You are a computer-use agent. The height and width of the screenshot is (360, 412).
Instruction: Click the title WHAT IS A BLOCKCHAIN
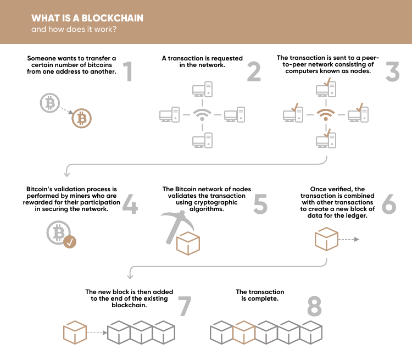click(x=87, y=18)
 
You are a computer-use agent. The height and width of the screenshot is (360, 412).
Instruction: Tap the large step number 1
click(x=128, y=71)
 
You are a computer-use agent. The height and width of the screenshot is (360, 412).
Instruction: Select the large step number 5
click(x=260, y=204)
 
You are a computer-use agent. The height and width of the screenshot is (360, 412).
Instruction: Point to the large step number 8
click(x=314, y=306)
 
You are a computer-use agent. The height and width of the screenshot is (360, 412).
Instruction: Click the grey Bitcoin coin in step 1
click(x=50, y=103)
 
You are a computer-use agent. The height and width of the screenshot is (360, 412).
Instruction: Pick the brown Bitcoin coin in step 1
click(x=82, y=118)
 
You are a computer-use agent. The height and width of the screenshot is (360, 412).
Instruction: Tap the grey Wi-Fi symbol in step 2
click(x=202, y=115)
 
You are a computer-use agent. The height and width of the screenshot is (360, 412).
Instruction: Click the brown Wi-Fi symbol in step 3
click(x=326, y=115)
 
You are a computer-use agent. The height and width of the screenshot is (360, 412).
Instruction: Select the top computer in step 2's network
click(x=202, y=90)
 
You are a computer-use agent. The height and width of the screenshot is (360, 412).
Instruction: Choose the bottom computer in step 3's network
click(x=326, y=140)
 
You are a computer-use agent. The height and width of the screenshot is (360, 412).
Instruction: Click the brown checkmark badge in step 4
click(x=70, y=242)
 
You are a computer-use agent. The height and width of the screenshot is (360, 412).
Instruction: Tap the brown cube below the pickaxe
click(x=188, y=243)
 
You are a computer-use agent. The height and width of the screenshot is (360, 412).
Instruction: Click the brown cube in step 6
click(x=326, y=239)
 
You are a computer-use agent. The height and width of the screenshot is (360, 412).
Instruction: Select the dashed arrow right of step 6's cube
click(x=349, y=239)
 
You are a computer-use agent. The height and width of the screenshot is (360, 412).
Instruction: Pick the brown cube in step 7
click(x=75, y=333)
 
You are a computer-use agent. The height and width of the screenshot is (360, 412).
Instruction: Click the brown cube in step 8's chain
click(x=244, y=333)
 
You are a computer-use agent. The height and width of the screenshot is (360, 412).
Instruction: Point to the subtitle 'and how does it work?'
click(x=74, y=29)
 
